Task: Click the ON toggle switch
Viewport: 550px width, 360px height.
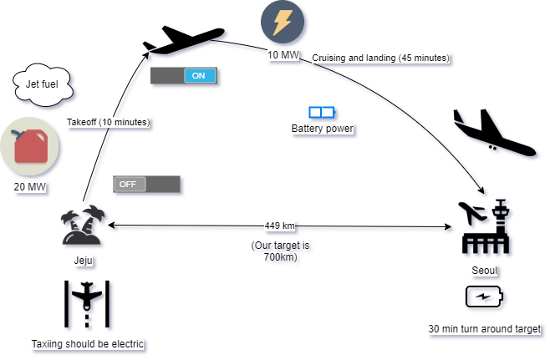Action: pos(184,76)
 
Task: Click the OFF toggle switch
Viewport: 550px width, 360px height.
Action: pos(147,184)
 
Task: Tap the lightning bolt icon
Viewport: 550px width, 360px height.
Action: pos(283,23)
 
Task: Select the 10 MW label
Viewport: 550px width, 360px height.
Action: pos(283,55)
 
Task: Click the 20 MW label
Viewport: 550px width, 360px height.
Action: pos(30,187)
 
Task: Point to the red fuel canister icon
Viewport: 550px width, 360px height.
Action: pos(31,147)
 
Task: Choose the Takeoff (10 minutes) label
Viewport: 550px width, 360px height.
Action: pos(109,123)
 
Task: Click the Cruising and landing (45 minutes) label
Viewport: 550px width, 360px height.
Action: pos(380,58)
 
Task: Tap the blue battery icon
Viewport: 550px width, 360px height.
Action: pos(322,112)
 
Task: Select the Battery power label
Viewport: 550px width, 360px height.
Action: pos(323,129)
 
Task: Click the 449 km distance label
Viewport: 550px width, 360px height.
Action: pos(280,226)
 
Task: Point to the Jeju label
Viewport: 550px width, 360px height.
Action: pos(84,261)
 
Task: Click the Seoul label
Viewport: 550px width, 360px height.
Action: pos(485,272)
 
